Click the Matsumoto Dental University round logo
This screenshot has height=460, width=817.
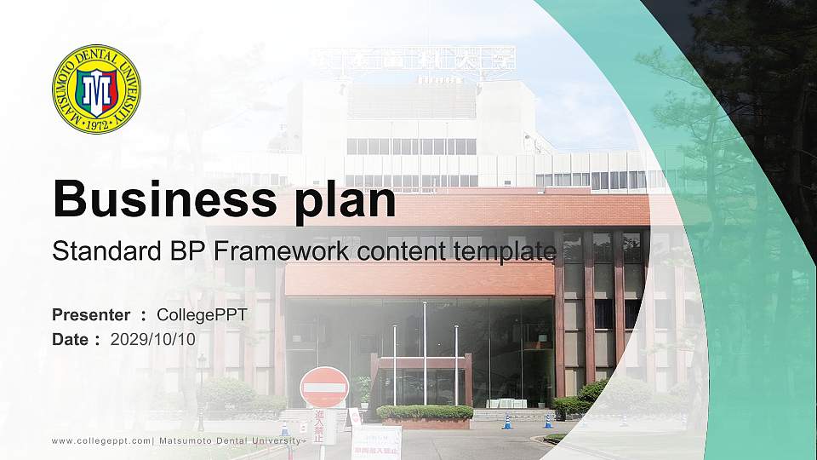96,89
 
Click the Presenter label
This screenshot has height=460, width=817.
91,315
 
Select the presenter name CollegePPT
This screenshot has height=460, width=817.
202,315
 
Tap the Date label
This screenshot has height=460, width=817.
71,339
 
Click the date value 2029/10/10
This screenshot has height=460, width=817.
153,339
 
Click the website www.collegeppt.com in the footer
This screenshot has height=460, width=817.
101,440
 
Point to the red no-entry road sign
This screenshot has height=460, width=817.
324,388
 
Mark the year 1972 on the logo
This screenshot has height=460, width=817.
95,125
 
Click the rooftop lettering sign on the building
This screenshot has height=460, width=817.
425,59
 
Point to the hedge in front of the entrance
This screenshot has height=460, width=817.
425,412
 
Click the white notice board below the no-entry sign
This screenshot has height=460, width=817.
375,441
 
